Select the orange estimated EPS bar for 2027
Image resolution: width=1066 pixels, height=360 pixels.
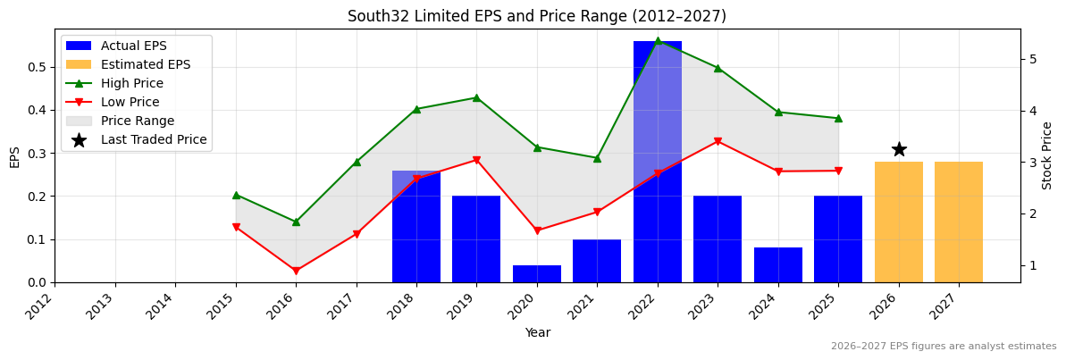(x=959, y=222)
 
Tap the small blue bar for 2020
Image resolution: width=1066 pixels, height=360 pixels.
(x=537, y=274)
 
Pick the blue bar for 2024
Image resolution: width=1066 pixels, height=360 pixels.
(x=778, y=265)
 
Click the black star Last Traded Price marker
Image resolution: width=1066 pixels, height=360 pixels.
(x=899, y=149)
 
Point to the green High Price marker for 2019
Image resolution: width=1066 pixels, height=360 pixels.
(x=476, y=97)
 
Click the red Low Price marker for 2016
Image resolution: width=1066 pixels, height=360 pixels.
(x=296, y=271)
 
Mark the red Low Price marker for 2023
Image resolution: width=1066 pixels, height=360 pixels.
(x=718, y=141)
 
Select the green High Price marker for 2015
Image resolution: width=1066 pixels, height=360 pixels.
(x=236, y=195)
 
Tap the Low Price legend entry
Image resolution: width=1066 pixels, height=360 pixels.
(x=130, y=102)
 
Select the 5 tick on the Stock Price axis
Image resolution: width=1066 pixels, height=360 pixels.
(x=1032, y=59)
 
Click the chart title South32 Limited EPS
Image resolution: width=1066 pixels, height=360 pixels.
(x=536, y=16)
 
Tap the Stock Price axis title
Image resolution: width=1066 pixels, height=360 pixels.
(x=1047, y=155)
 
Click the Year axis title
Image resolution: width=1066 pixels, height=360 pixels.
(x=537, y=333)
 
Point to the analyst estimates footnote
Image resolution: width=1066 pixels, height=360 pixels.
(x=943, y=347)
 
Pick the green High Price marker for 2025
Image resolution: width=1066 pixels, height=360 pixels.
(x=838, y=118)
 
